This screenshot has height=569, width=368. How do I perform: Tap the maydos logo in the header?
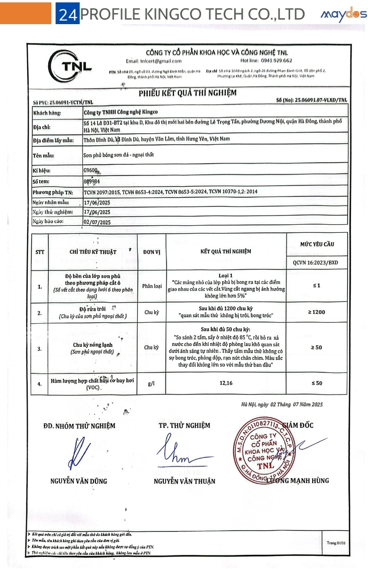click(x=343, y=15)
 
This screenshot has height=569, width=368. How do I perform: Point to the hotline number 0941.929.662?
click(x=273, y=60)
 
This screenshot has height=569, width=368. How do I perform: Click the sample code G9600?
click(x=90, y=170)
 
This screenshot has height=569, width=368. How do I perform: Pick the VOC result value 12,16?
click(x=226, y=384)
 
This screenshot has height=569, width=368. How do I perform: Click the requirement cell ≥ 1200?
click(x=316, y=312)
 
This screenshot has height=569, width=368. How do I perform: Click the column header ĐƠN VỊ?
click(x=151, y=251)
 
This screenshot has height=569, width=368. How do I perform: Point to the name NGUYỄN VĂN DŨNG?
click(x=78, y=481)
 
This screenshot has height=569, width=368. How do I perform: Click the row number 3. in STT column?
click(x=40, y=347)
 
